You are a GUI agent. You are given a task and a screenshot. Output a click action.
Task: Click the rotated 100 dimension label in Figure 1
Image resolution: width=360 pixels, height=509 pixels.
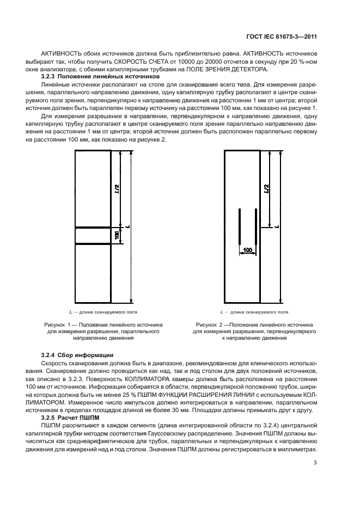[x=116, y=235]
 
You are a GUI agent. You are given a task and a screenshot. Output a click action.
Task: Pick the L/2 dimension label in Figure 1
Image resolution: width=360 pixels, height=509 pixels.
[x=116, y=189]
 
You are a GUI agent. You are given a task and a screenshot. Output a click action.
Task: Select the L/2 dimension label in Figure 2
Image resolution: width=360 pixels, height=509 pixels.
[x=266, y=188]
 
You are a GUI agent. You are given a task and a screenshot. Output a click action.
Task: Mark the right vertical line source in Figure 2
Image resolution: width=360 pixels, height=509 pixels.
[x=256, y=226]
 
